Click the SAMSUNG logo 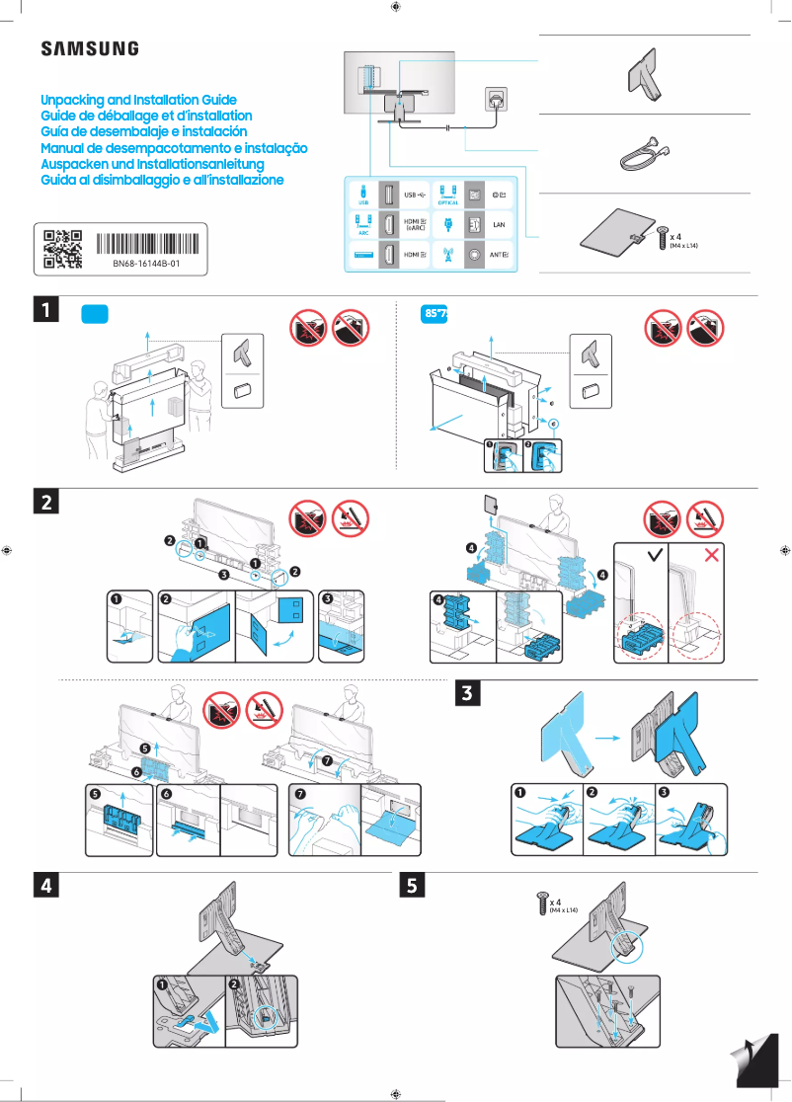(89, 48)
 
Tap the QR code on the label (62, 250)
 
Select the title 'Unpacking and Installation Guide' (138, 101)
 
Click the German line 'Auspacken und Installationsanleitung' (152, 164)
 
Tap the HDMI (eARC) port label (416, 225)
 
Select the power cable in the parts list (644, 152)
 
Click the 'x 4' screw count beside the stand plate (677, 237)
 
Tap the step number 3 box (470, 693)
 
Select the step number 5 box (414, 886)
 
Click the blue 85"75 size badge (436, 313)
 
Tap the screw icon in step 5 (541, 902)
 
